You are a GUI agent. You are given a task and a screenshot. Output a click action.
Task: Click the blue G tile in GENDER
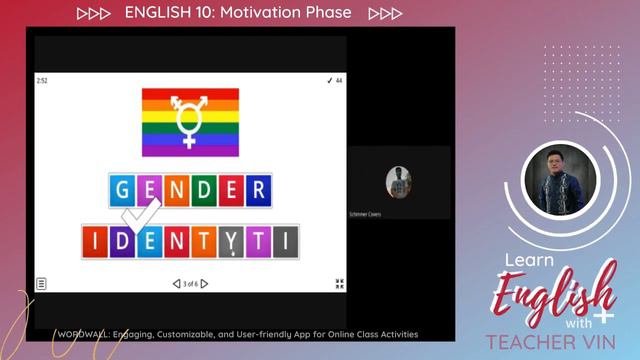pyautogui.click(x=123, y=190)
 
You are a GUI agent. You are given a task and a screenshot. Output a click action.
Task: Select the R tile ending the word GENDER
pyautogui.click(x=258, y=190)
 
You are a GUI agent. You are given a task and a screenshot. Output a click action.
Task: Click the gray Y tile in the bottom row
pyautogui.click(x=231, y=241)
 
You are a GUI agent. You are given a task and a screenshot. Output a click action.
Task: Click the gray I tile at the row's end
pyautogui.click(x=285, y=241)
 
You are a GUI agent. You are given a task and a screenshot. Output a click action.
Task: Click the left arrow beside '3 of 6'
pyautogui.click(x=176, y=284)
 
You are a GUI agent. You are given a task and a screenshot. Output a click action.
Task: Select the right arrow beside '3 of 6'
pyautogui.click(x=205, y=284)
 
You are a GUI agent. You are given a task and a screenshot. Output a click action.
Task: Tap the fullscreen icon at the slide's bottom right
pyautogui.click(x=340, y=284)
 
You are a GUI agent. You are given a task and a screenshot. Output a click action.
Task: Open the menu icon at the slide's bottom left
pyautogui.click(x=42, y=284)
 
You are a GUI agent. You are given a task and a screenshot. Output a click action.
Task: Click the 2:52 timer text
pyautogui.click(x=42, y=80)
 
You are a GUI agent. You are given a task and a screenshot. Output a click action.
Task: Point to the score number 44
pyautogui.click(x=339, y=80)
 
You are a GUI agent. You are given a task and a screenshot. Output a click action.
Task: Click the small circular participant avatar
pyautogui.click(x=399, y=182)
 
